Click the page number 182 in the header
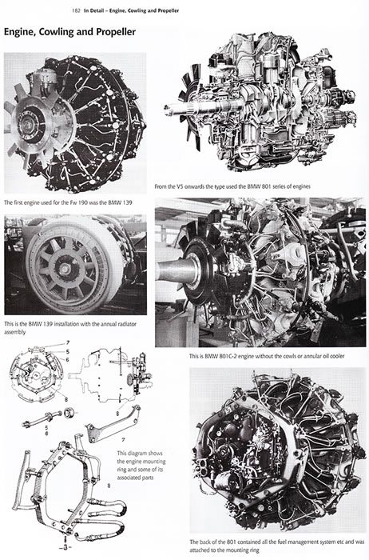76,10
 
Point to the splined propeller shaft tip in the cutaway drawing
169,110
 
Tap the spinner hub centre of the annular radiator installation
65,269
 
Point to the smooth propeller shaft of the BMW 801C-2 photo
176,271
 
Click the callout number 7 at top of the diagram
68,343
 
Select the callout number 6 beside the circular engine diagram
67,360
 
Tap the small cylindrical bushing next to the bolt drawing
69,414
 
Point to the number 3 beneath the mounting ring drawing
65,547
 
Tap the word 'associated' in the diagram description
130,478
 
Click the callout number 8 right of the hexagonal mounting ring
109,486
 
